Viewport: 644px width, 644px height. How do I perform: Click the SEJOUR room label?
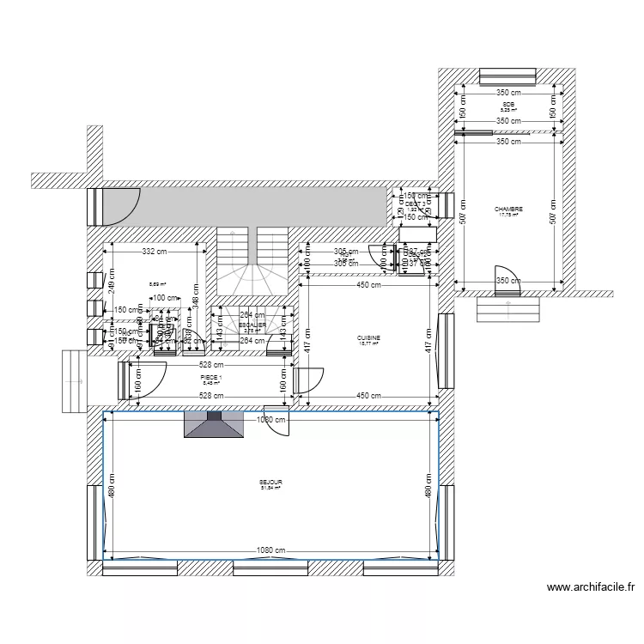coord(271,484)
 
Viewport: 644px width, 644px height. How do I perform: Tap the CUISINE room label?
coord(369,340)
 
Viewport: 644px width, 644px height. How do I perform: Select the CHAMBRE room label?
coord(508,210)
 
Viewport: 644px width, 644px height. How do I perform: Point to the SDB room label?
coord(508,106)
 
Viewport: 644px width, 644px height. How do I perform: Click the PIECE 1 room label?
coord(210,379)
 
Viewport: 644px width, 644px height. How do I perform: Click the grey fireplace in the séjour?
coord(215,425)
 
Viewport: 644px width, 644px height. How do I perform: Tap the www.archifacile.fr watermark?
coord(591,588)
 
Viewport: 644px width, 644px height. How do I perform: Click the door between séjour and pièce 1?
coord(279,422)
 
